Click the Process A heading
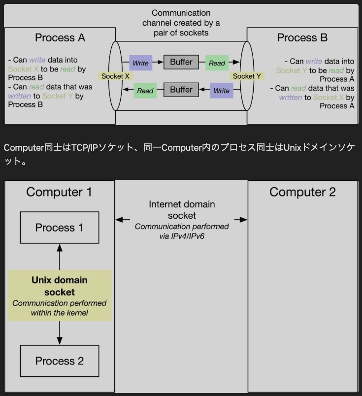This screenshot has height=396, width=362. (x=60, y=38)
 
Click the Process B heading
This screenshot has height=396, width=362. (x=302, y=38)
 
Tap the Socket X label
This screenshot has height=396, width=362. (x=115, y=76)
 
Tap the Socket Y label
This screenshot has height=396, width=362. (x=247, y=76)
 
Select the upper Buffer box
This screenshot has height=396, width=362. (x=181, y=62)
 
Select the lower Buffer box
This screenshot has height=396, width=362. (x=181, y=90)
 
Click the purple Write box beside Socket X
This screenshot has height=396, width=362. (x=140, y=63)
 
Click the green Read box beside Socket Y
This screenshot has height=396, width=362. (x=217, y=63)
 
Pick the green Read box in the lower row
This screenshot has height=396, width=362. (x=145, y=91)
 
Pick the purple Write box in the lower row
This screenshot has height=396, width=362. (x=222, y=91)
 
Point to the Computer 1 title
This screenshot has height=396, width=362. (x=59, y=192)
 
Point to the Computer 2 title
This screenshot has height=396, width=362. (x=302, y=192)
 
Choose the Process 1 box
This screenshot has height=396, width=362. (x=59, y=228)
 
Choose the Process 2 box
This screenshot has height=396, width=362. (x=59, y=361)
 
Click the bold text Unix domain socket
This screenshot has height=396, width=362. (x=59, y=286)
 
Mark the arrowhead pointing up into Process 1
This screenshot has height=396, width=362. (x=60, y=246)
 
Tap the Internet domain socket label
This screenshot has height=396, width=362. (x=182, y=210)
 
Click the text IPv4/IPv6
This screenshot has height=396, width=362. (x=182, y=236)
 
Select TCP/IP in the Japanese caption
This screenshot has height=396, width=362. (x=85, y=148)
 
